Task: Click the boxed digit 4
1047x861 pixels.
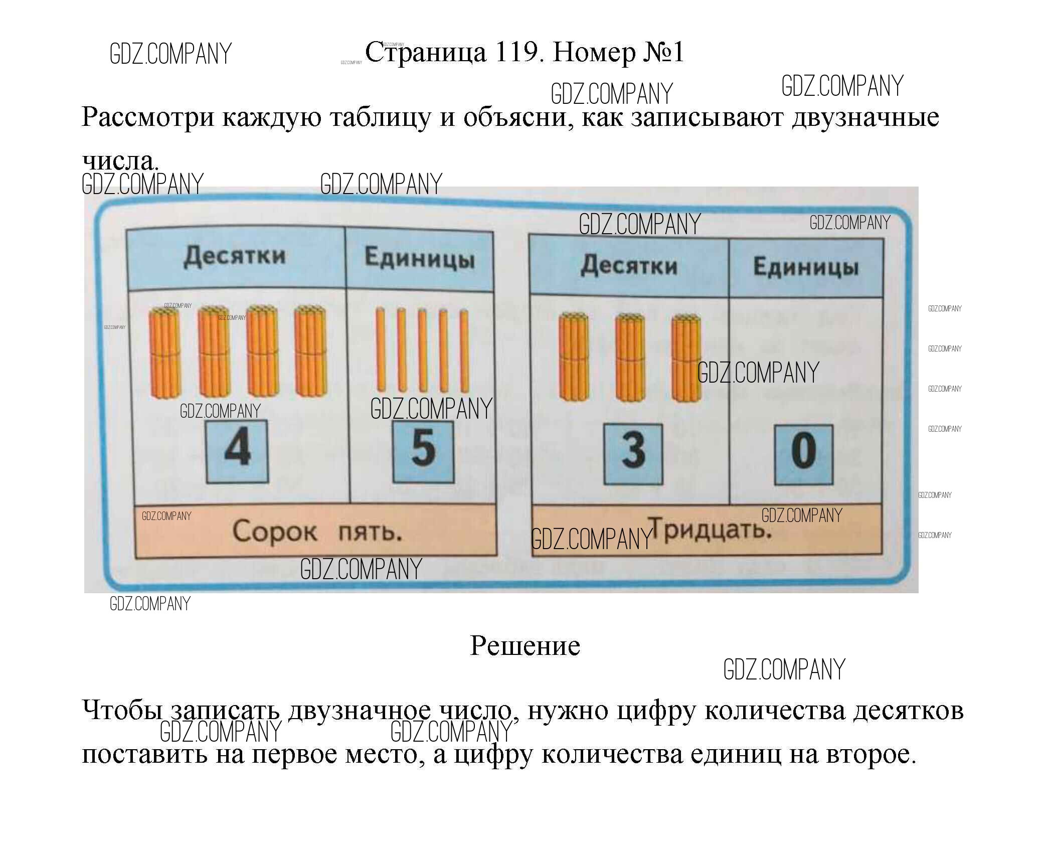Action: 237,450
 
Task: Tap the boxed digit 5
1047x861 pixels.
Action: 423,450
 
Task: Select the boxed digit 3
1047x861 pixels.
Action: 633,453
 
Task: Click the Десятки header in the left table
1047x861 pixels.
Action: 234,257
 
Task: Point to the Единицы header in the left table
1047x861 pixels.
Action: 419,259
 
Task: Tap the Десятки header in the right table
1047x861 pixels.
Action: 629,266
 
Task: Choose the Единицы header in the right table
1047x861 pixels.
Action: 806,267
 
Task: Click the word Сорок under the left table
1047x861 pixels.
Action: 274,532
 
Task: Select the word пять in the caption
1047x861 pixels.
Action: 370,532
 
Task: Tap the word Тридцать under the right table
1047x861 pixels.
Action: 711,531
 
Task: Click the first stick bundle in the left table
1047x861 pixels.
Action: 164,353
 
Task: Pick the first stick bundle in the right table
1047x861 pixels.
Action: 574,357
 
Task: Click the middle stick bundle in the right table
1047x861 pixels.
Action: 630,357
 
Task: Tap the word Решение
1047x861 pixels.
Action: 525,646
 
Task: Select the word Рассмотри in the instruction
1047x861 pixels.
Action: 147,118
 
